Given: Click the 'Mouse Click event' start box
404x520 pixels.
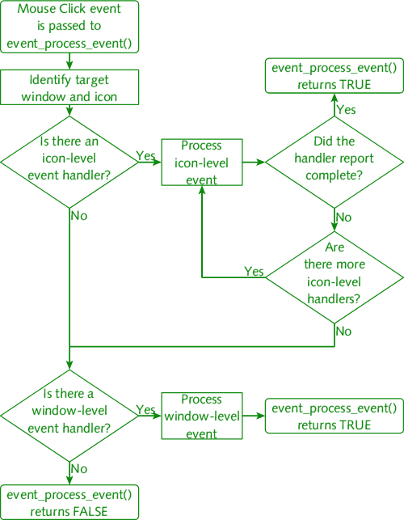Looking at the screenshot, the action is click(x=69, y=27).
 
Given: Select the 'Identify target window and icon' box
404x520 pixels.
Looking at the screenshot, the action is click(x=69, y=87).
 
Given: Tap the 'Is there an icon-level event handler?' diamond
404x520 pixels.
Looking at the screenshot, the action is click(x=69, y=163).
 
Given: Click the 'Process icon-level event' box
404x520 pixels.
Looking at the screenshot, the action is click(x=202, y=163).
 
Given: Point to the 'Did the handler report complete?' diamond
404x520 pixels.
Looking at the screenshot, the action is click(x=335, y=163).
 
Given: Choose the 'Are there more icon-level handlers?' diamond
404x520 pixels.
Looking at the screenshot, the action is click(x=335, y=277).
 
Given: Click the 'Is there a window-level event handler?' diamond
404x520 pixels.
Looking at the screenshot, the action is click(x=69, y=416).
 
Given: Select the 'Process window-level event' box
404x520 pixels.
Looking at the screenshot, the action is click(x=202, y=416).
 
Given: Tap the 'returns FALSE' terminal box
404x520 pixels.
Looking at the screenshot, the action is click(x=69, y=502).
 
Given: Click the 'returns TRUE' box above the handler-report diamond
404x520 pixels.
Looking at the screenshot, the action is click(x=335, y=75).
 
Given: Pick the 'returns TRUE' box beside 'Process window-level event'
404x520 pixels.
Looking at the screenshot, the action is click(x=335, y=416).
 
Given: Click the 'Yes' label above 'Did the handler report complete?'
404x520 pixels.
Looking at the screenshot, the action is click(x=346, y=109).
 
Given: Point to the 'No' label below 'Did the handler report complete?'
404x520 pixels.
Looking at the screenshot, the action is click(x=343, y=218).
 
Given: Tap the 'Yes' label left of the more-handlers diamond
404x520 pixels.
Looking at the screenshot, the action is click(x=255, y=271).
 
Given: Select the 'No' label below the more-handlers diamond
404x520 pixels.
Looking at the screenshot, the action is click(x=343, y=332).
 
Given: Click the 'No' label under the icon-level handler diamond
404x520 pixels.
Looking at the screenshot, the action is click(x=79, y=216).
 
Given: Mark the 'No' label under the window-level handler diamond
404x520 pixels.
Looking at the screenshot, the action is click(x=79, y=468).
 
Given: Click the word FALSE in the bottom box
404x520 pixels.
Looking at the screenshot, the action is click(x=90, y=511).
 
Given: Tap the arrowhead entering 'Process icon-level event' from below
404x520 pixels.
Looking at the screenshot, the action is click(x=202, y=190).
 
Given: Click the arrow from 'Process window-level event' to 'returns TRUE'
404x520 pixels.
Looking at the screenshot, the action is click(x=254, y=416).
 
